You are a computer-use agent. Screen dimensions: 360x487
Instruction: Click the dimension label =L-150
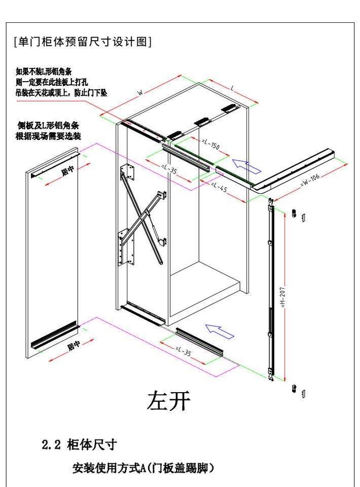click(210, 145)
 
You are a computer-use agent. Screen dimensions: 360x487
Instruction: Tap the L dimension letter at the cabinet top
click(232, 88)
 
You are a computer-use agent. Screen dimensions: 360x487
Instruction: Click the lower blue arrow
click(220, 331)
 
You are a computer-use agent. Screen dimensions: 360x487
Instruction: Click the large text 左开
click(169, 401)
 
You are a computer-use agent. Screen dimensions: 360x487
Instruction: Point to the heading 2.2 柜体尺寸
click(79, 445)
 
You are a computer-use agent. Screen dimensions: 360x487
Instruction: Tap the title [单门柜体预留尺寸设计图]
click(83, 42)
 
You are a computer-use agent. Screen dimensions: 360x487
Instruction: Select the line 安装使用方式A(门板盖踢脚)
click(143, 468)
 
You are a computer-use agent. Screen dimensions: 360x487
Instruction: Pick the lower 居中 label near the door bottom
click(74, 346)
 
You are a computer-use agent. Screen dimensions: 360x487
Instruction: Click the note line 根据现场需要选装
click(49, 136)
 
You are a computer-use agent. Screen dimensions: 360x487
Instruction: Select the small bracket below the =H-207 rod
click(298, 391)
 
